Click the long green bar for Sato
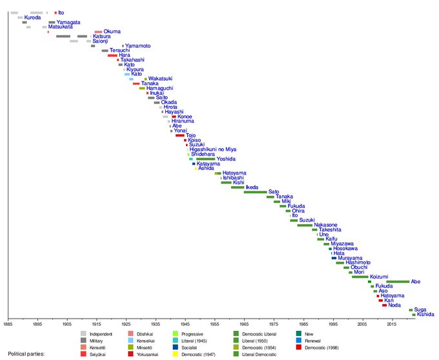[x=255, y=192]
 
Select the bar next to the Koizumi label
[x=360, y=277]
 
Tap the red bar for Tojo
[x=179, y=135]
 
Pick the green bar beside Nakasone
[x=305, y=225]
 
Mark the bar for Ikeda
[x=238, y=187]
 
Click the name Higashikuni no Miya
[x=213, y=149]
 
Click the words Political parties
[x=27, y=354]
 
